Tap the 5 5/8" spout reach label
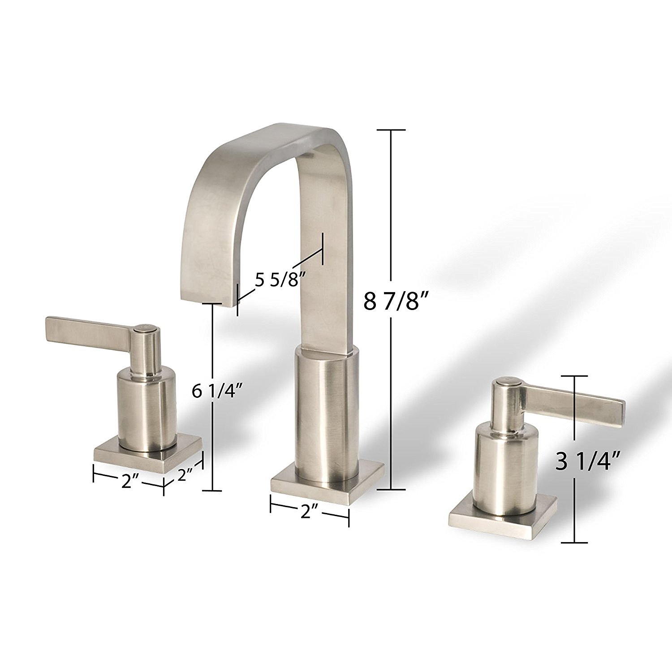coord(280,281)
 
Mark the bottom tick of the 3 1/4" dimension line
coord(574,543)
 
